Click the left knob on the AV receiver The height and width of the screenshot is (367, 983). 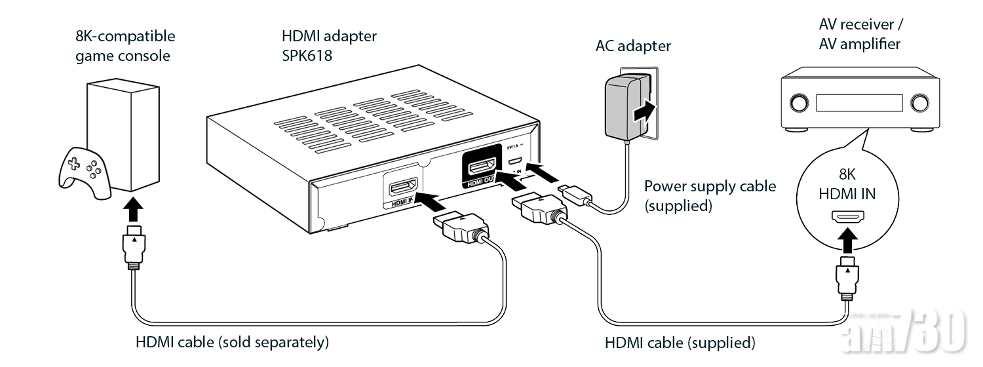(799, 104)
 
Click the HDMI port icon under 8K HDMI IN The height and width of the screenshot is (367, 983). (847, 216)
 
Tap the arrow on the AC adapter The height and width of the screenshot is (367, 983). (642, 111)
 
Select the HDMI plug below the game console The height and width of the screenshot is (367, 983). (134, 246)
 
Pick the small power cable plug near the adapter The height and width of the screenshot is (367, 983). (574, 195)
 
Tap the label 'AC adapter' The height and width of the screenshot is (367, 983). (632, 47)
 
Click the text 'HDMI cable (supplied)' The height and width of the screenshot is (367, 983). (679, 343)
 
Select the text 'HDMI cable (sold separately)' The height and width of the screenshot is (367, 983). (231, 342)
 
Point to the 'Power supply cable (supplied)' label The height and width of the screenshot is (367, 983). (710, 196)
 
